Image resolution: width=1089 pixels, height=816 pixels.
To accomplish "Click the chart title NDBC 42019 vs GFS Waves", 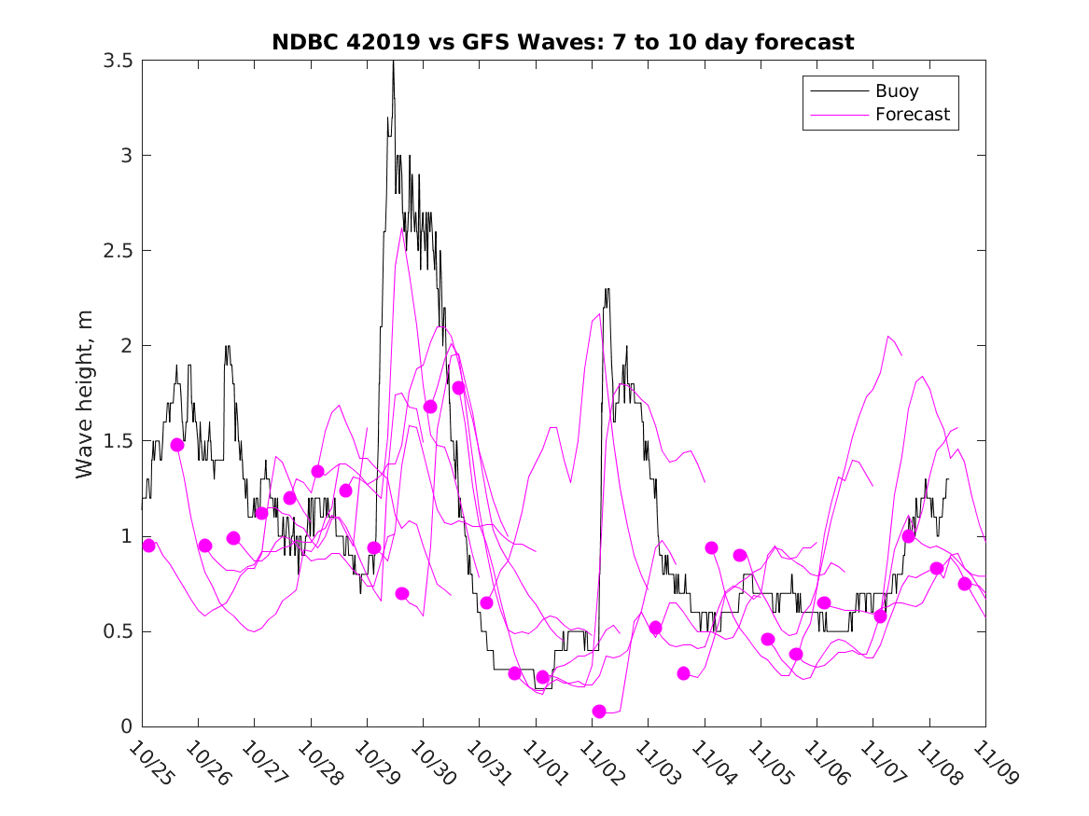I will tap(563, 43).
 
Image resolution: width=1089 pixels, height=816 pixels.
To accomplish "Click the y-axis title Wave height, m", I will tap(85, 394).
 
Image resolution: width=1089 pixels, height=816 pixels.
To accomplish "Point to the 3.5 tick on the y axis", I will tap(118, 61).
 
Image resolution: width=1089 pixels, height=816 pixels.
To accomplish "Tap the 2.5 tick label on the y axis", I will tap(118, 251).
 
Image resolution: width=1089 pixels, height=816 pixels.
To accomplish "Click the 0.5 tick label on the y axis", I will tap(118, 631).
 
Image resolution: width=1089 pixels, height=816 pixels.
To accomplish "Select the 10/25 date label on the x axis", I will tap(149, 763).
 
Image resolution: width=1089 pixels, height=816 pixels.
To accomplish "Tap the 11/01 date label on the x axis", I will tap(543, 763).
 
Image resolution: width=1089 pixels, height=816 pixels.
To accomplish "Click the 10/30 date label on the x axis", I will tap(430, 763).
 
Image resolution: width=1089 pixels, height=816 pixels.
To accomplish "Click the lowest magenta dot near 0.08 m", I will tap(599, 712).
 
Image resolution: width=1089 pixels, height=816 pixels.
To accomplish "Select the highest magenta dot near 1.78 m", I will tap(458, 388).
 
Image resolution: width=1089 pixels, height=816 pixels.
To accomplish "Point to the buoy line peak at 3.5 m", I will tap(393, 62).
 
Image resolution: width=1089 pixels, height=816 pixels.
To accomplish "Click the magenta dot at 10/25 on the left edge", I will tap(148, 546).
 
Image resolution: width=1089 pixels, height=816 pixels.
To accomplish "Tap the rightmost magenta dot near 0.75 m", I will tap(965, 584).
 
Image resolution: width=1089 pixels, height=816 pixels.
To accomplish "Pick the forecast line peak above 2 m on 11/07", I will tap(888, 336).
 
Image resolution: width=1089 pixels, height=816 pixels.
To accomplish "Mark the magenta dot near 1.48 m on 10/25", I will tap(177, 445).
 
